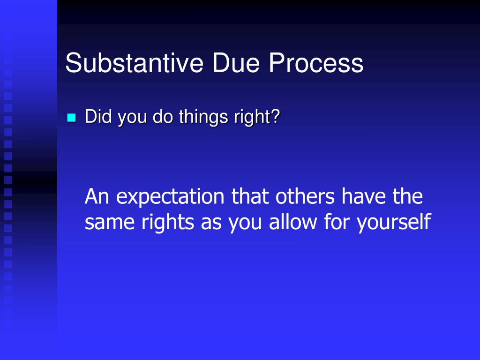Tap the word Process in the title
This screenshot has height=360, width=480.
(x=316, y=63)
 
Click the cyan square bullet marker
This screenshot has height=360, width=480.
(x=71, y=118)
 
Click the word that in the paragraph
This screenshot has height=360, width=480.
(x=251, y=196)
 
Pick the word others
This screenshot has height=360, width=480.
(x=306, y=196)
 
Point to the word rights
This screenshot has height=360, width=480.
(x=167, y=222)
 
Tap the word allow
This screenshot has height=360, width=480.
(x=293, y=222)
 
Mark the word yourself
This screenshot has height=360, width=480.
(x=393, y=222)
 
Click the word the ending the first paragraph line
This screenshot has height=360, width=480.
(x=408, y=196)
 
